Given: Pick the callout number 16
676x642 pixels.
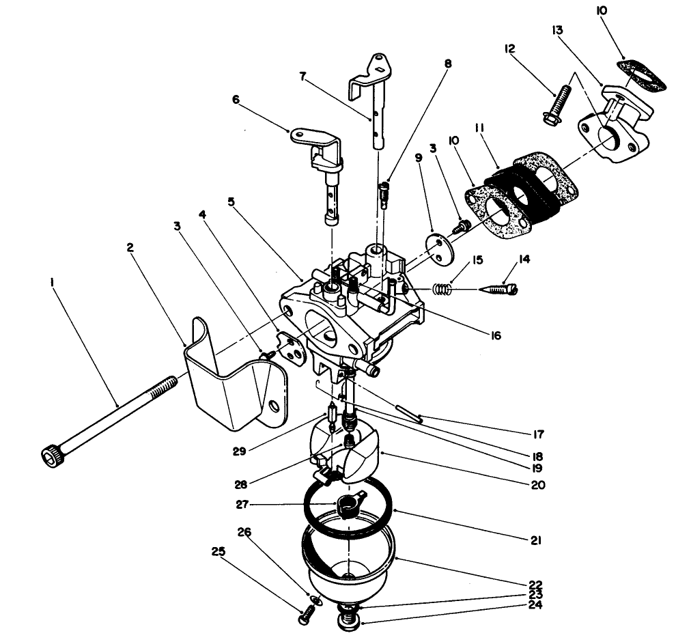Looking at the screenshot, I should (496, 335).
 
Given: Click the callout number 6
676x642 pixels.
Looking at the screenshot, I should (236, 99).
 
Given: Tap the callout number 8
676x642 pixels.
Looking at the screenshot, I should (448, 64).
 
